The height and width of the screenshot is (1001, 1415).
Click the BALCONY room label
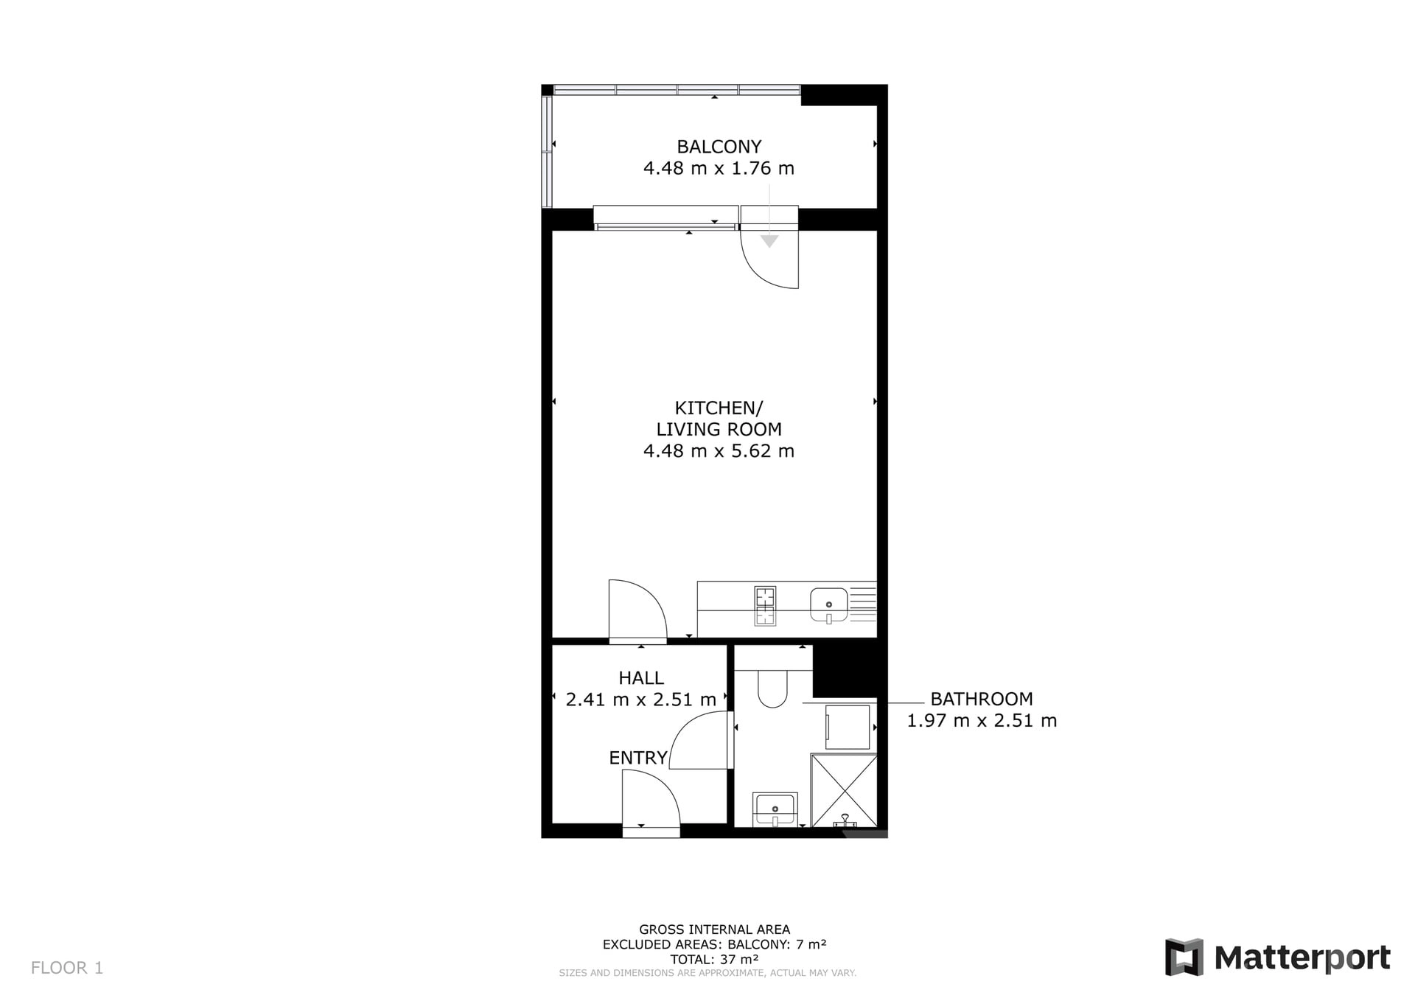pos(719,147)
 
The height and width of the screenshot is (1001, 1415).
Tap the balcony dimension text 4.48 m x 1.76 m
pos(719,168)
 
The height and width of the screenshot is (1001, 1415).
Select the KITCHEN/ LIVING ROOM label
pos(719,418)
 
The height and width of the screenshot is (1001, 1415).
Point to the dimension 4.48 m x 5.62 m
pos(719,450)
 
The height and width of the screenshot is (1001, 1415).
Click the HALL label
pos(641,677)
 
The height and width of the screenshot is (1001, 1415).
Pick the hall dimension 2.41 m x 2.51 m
pos(641,699)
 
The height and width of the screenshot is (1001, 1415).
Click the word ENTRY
pos(638,758)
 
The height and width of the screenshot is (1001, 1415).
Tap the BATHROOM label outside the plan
pos(982,699)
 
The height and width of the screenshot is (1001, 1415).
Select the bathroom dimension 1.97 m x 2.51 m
pos(982,720)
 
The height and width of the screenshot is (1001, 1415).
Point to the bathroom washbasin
pos(775,809)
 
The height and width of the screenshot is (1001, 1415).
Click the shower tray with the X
pos(844,790)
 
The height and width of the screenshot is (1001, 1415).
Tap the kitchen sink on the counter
pos(829,606)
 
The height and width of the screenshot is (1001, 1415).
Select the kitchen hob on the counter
pos(766,606)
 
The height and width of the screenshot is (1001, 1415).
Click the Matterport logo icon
pos(1184,958)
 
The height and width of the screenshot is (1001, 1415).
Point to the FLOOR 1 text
pos(67,968)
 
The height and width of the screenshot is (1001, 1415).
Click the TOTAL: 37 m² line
pos(714,959)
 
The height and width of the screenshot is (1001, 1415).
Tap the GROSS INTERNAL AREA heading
pos(714,930)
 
